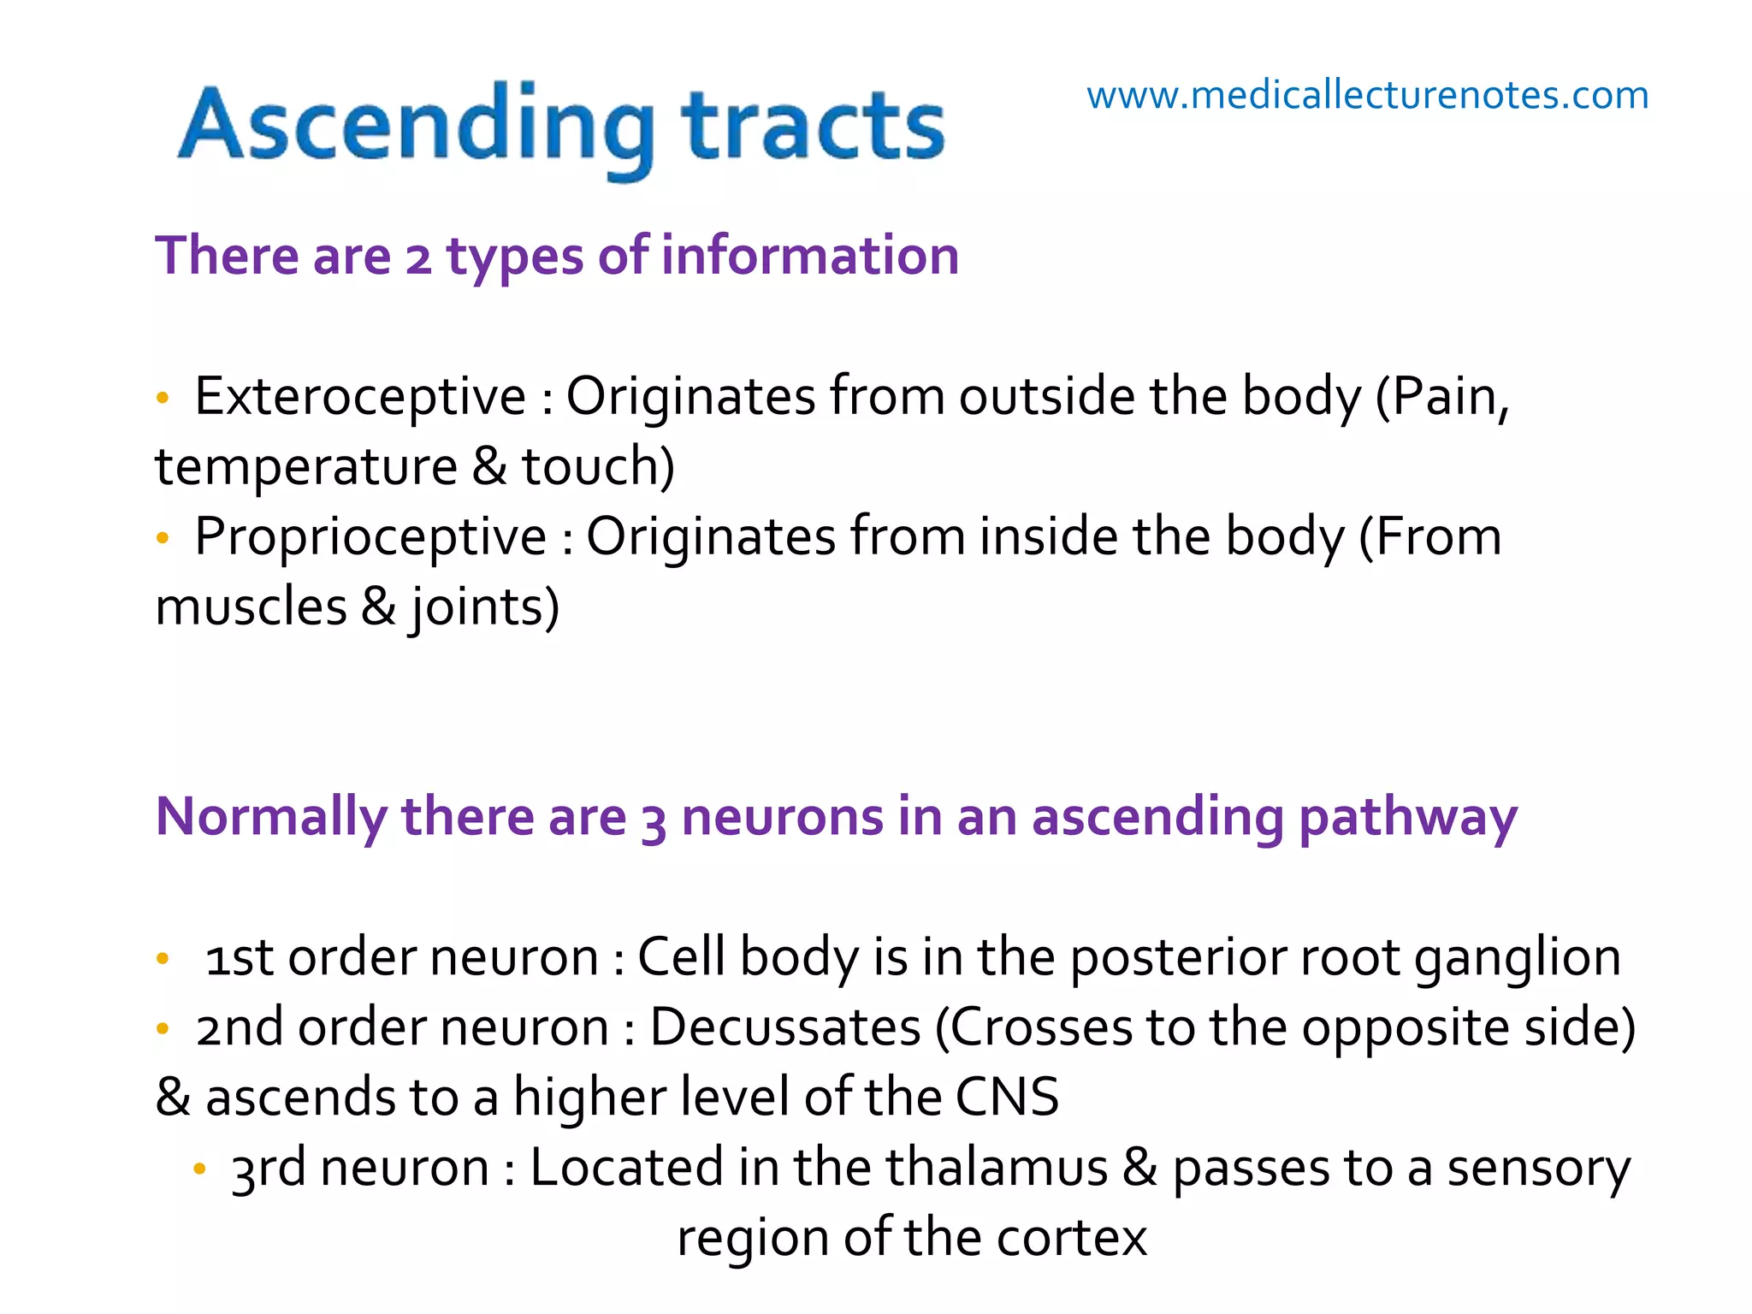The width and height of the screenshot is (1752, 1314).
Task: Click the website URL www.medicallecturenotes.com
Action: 1367,95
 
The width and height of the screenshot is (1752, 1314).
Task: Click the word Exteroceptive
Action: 360,397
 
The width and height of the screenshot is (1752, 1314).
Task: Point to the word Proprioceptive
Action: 370,537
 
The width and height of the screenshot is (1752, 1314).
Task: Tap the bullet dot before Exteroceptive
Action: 163,398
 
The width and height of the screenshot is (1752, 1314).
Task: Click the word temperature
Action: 306,467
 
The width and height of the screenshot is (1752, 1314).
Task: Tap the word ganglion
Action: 1517,958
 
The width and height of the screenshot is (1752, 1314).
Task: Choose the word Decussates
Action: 785,1027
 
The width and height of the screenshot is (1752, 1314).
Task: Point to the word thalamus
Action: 996,1168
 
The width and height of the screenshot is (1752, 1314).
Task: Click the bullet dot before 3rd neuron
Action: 199,1169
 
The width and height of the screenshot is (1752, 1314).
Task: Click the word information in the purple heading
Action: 810,256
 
